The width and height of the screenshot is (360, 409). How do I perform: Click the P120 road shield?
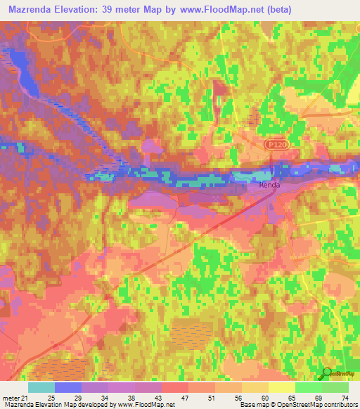(x=276, y=143)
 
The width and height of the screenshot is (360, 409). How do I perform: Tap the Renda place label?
(x=269, y=186)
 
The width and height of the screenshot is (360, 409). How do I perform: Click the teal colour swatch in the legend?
(x=41, y=387)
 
